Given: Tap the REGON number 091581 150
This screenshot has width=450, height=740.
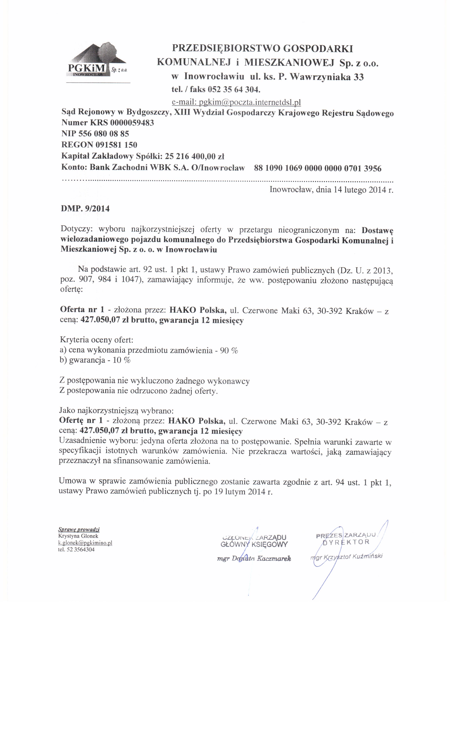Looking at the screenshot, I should click(116, 145).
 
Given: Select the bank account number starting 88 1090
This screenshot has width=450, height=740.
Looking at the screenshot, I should click(317, 168).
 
